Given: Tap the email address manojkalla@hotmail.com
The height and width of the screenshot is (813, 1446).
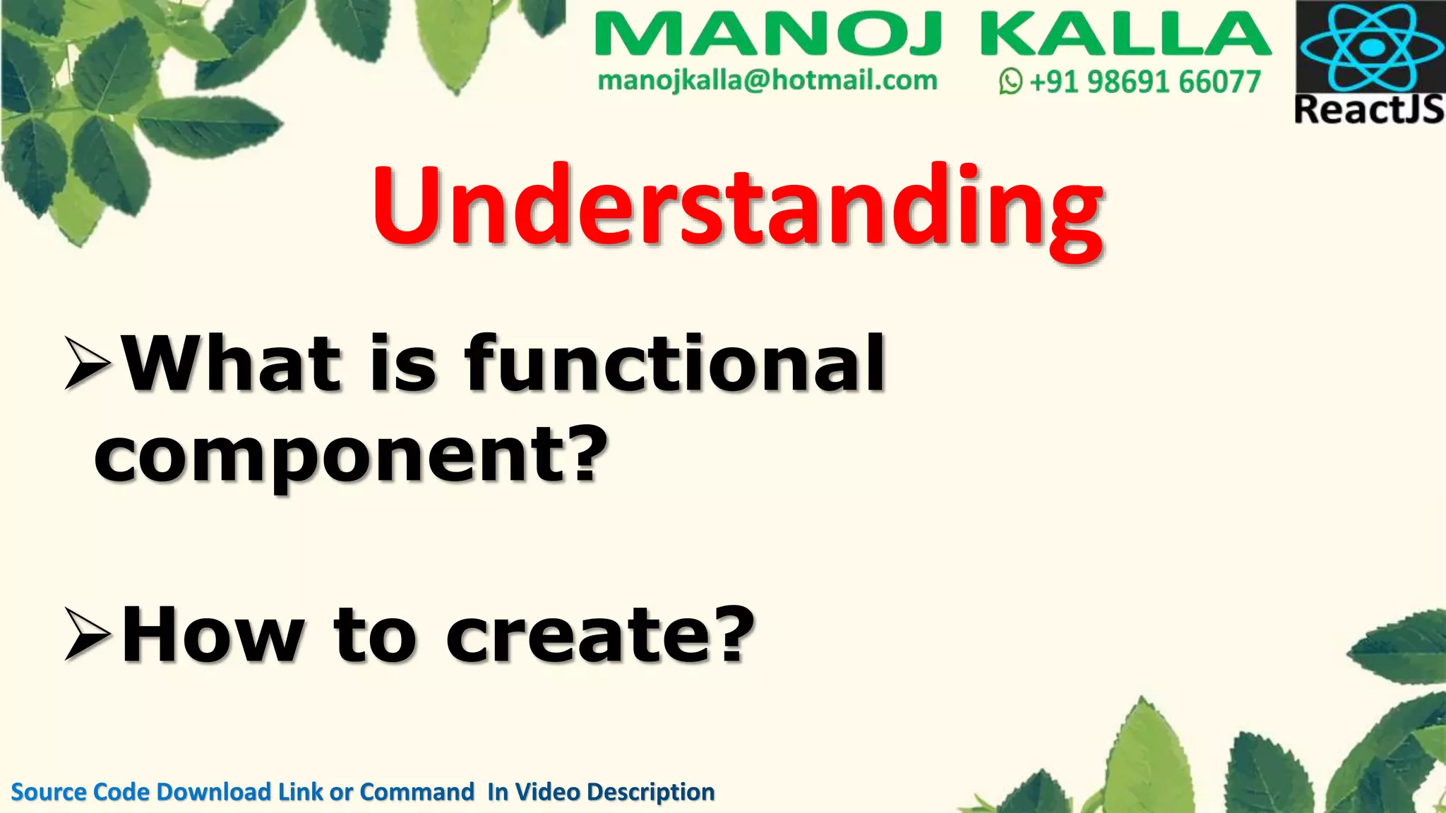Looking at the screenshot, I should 767,80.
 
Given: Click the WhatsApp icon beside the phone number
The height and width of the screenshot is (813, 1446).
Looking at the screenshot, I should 1010,82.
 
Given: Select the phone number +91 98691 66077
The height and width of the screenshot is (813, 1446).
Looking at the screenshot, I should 1145,82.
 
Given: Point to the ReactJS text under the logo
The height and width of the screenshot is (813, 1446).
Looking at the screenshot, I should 1369,110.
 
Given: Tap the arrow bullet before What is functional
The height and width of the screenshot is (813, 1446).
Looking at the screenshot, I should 88,363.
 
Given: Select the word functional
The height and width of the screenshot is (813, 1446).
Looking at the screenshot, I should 674,363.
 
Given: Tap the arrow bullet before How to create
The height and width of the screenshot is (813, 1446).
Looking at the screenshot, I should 88,635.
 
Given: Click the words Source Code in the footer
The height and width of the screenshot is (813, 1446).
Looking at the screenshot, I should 81,792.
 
